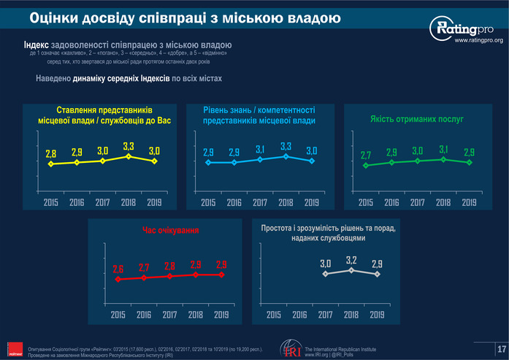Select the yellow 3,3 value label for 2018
(128, 147)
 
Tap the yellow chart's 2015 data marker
(50, 164)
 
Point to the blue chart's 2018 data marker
(286, 156)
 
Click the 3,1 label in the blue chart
(260, 150)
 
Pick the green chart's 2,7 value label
(367, 156)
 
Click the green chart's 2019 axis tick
(469, 202)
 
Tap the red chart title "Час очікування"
(170, 231)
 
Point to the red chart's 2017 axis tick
(169, 315)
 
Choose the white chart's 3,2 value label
(351, 261)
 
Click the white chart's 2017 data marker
(326, 274)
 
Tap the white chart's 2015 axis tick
(274, 315)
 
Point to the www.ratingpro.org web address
(479, 42)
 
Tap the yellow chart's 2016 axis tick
(77, 202)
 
